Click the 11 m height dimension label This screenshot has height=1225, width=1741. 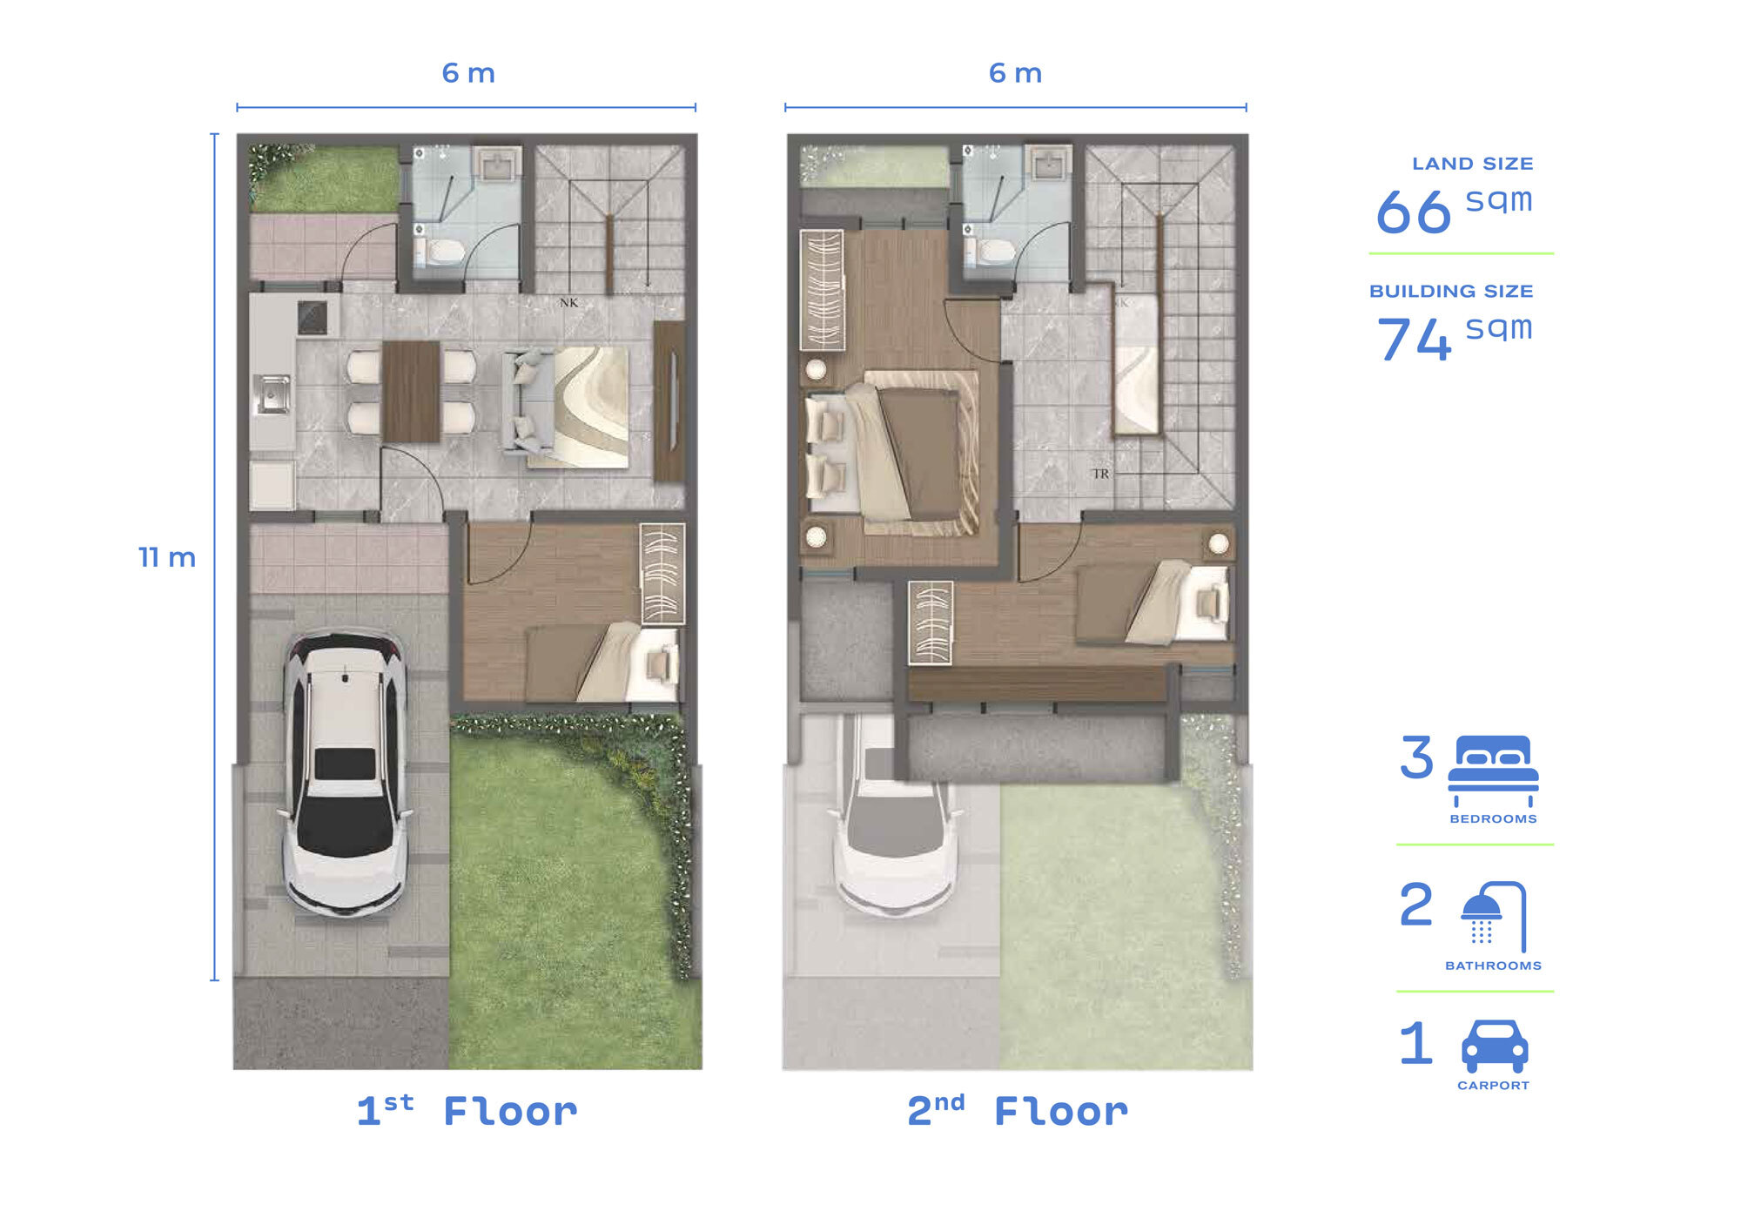pos(167,557)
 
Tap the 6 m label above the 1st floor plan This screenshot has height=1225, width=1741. pos(468,73)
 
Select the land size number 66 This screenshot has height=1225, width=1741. pos(1414,212)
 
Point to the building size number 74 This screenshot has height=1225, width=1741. pos(1414,339)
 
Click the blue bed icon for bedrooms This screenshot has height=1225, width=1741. pos(1493,771)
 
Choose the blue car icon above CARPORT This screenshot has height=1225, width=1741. pos(1494,1046)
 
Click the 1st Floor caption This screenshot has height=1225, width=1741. pos(467,1111)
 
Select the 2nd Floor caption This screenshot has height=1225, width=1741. pos(1017,1111)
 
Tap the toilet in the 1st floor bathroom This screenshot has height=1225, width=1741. pos(440,252)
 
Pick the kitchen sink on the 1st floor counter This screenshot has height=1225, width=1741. pos(272,394)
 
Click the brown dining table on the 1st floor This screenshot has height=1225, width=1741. pos(411,392)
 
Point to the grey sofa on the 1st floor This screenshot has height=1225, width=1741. pos(527,401)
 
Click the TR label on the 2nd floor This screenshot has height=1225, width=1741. pos(1100,474)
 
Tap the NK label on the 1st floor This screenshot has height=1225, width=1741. pos(568,303)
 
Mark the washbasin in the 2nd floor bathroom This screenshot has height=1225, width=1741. pos(1047,164)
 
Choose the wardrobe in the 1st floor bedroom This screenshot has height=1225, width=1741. pos(662,574)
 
